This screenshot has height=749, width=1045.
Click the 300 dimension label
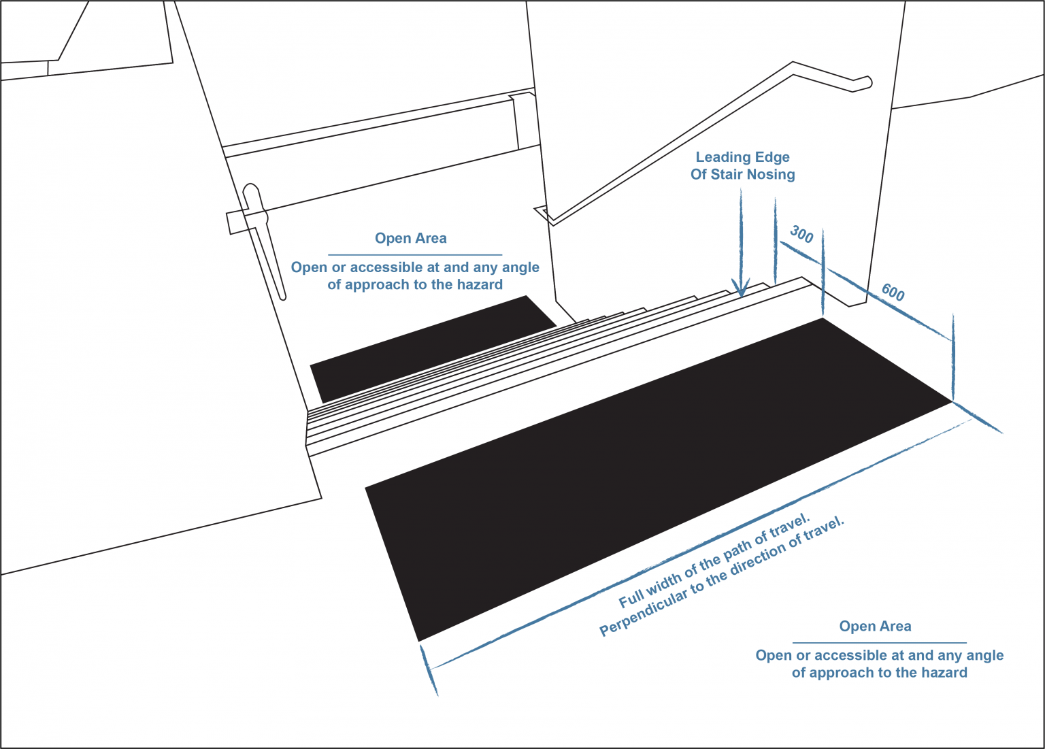coord(801,234)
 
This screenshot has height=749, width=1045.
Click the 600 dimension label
coord(893,293)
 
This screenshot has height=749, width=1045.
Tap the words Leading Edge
coord(743,157)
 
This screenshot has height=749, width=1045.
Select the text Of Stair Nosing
coord(743,174)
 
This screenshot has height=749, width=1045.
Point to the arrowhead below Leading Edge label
coord(741,287)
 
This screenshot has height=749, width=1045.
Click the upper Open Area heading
coord(410,238)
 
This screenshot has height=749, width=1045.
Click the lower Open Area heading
coord(875,626)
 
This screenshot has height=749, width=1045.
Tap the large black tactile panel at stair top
coord(659,480)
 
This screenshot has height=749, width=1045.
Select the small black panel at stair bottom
coord(433,349)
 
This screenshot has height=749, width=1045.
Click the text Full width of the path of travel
coord(714,561)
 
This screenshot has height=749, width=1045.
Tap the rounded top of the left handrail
coord(251,188)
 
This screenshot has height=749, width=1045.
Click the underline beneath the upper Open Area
coord(415,255)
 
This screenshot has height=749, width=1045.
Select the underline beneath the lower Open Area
coord(880,643)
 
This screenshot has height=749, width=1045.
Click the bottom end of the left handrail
coord(283,297)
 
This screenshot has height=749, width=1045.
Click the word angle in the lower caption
coord(984,656)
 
